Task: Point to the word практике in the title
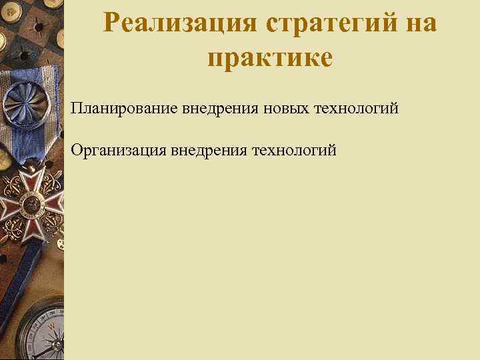point(270,57)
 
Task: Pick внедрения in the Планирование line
point(215,108)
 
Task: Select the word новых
point(279,108)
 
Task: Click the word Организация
point(118,150)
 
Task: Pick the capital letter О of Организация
point(78,150)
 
